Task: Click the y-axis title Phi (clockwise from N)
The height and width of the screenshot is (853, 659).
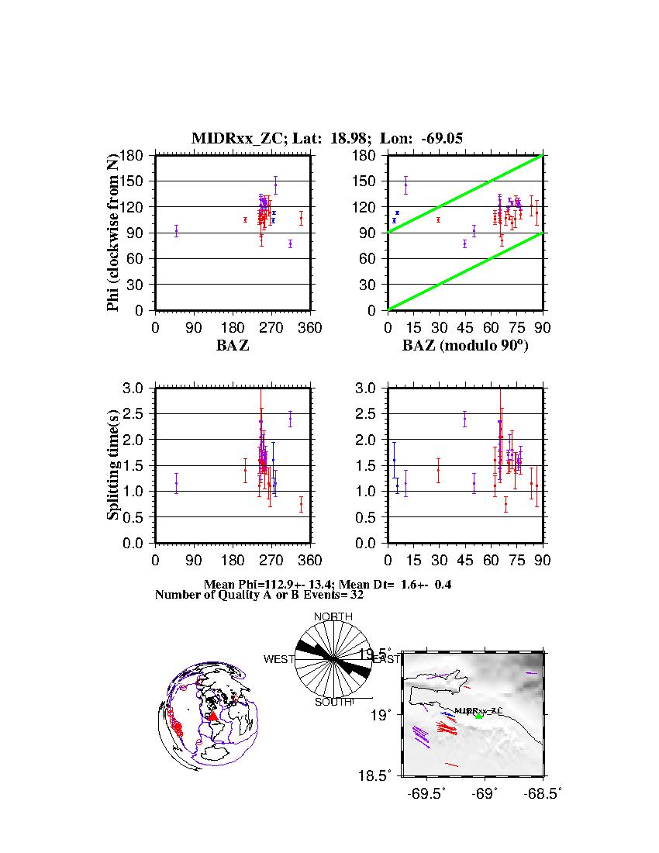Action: [x=114, y=233]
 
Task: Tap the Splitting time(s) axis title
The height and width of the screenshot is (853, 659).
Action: [x=114, y=465]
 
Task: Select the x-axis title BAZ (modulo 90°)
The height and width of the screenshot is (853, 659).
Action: [x=465, y=346]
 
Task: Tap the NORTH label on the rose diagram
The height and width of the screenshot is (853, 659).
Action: [x=333, y=616]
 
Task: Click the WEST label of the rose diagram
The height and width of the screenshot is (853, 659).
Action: [x=278, y=659]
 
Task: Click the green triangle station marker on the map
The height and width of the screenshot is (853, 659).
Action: [x=478, y=716]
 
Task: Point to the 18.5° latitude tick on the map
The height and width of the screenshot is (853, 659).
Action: [x=385, y=775]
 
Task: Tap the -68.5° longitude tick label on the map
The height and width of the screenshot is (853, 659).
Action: [x=543, y=793]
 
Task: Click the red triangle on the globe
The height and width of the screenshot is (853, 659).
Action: [x=213, y=717]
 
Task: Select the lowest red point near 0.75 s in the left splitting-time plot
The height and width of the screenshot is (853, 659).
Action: [x=301, y=504]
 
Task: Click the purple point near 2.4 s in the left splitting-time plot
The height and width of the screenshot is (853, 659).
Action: [x=290, y=419]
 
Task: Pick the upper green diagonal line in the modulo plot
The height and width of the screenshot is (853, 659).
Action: [x=465, y=190]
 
